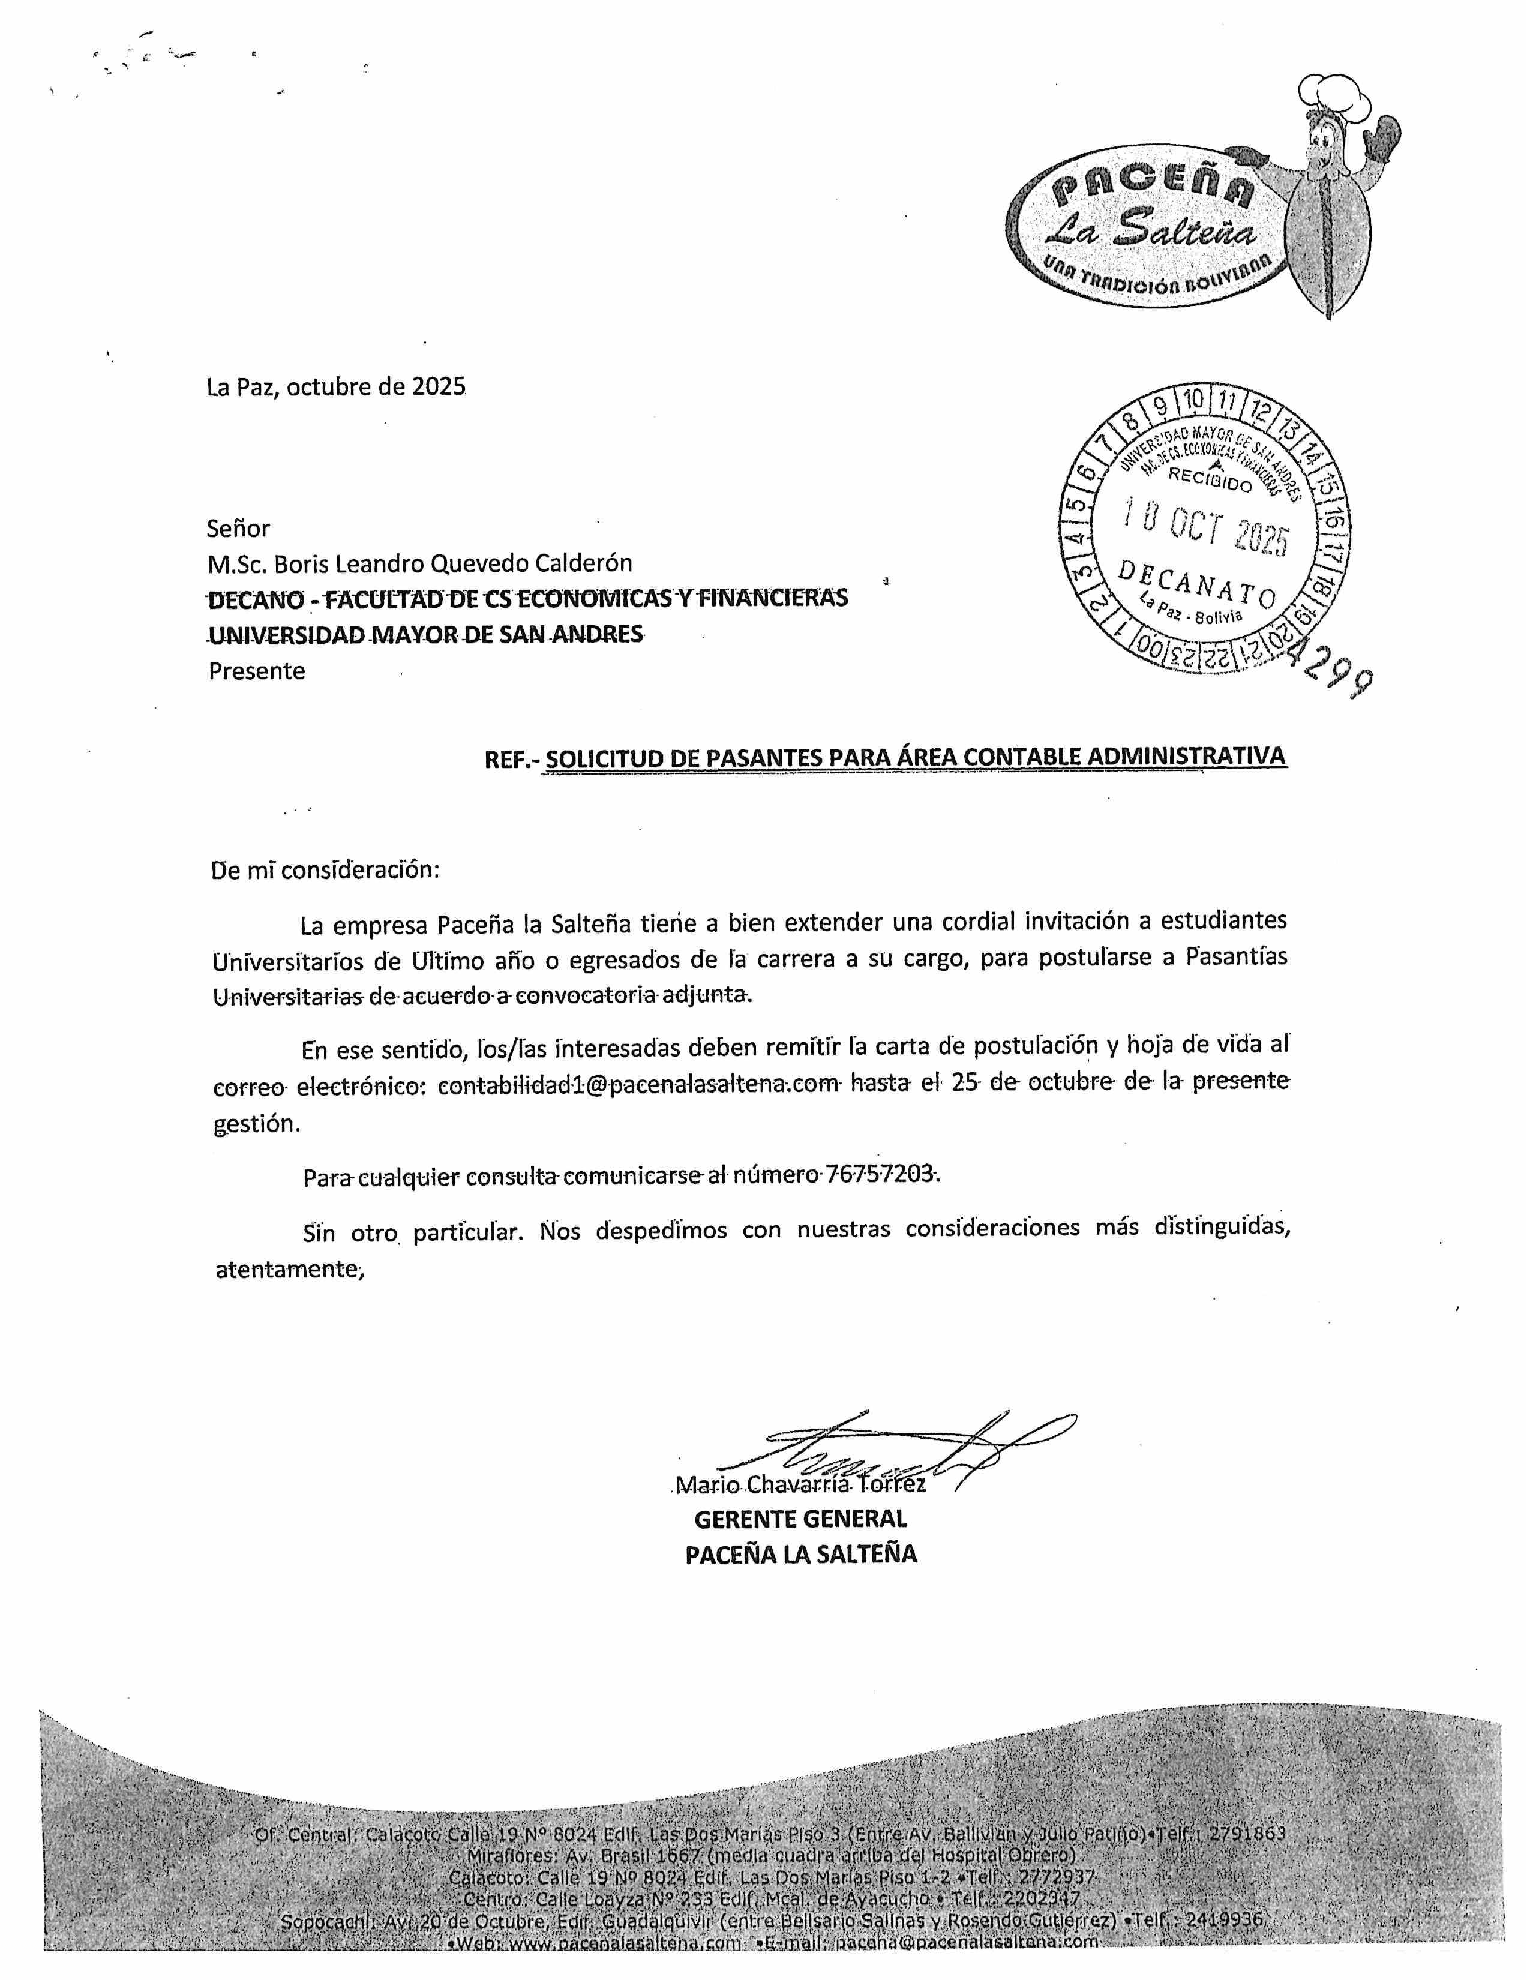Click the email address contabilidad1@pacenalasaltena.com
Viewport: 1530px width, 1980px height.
pyautogui.click(x=638, y=1084)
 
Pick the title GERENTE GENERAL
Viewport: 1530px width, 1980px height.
pyautogui.click(x=800, y=1519)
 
